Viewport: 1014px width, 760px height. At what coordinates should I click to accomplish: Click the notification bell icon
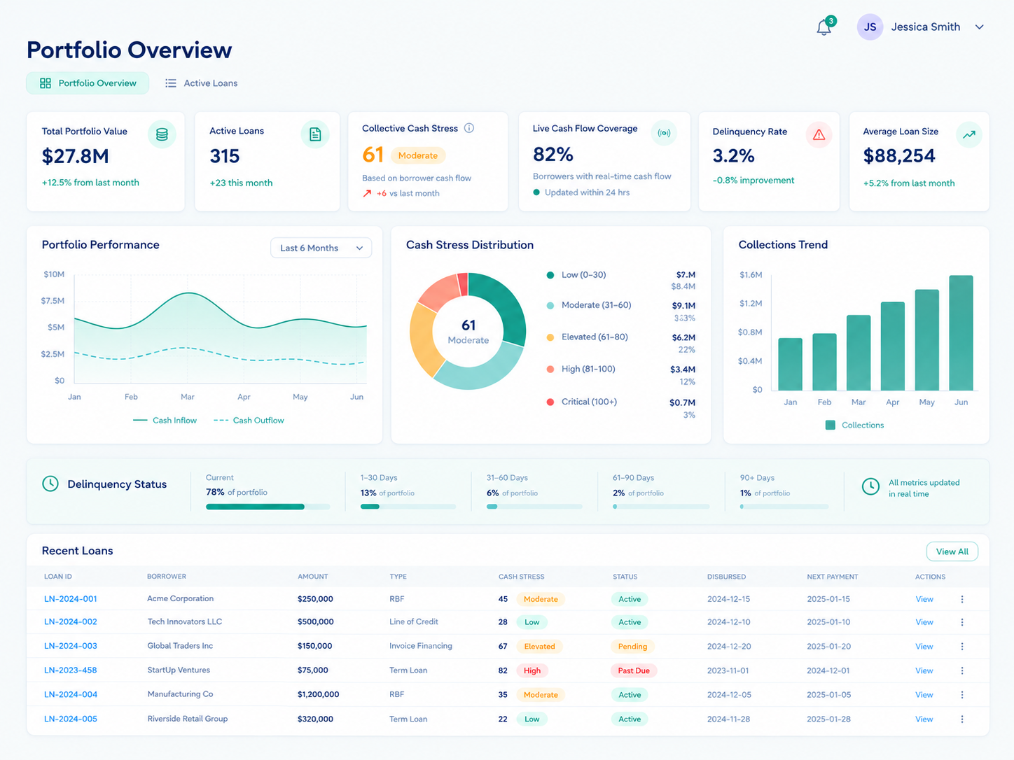coord(824,27)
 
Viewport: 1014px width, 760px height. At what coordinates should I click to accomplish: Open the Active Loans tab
coord(202,83)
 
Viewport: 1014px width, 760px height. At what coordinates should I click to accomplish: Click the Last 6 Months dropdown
coord(321,248)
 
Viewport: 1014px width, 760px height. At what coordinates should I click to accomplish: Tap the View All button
coord(952,551)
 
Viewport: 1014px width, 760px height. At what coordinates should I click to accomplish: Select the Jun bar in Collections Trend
coord(961,333)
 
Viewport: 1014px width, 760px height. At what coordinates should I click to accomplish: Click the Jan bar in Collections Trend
coord(790,365)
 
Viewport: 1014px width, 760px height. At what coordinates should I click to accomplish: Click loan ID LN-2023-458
coord(70,670)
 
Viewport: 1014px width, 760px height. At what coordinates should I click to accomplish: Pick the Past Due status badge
coord(633,670)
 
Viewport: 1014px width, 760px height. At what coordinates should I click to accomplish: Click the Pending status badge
coord(632,647)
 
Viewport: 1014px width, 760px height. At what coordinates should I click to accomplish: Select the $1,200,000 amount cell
coord(319,694)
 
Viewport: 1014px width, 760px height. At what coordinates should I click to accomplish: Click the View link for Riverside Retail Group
coord(924,719)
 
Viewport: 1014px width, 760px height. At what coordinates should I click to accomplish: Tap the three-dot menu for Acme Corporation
coord(961,599)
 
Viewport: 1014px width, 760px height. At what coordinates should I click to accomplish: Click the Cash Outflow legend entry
coord(249,421)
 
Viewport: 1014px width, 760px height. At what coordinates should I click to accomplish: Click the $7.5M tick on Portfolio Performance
coord(53,301)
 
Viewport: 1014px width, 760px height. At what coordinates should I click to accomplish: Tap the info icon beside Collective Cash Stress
coord(469,128)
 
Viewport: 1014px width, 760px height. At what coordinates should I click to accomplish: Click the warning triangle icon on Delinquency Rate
coord(819,135)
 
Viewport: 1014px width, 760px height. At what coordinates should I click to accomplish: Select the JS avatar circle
coord(870,27)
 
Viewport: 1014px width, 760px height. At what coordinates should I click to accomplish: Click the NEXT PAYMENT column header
coord(833,577)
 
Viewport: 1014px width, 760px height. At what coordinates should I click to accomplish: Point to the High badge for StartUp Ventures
coord(532,670)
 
